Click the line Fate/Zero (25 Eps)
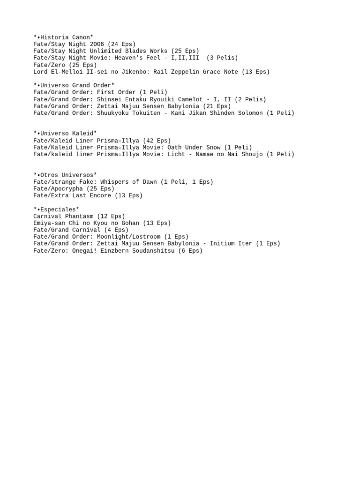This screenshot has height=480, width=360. point(65,65)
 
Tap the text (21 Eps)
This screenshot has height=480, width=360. point(217,106)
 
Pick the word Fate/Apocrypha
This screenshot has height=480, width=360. point(58,188)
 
